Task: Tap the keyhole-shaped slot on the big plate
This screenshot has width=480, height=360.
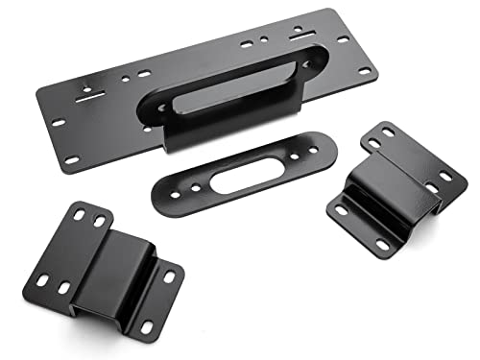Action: click(x=87, y=93)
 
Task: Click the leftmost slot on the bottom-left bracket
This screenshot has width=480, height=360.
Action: click(x=43, y=280)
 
